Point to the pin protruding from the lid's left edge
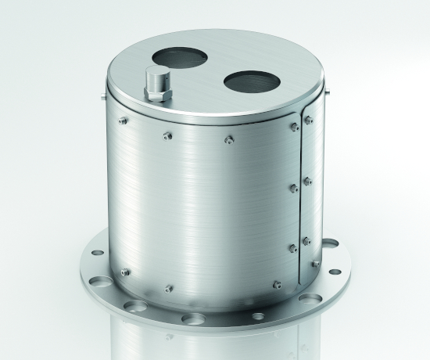(x=104, y=97)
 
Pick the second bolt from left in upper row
(x=167, y=136)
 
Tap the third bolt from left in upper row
(x=228, y=140)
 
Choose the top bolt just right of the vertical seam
(x=310, y=119)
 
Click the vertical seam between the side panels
(x=300, y=196)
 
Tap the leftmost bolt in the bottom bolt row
(x=125, y=272)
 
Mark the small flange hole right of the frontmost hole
(x=257, y=316)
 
